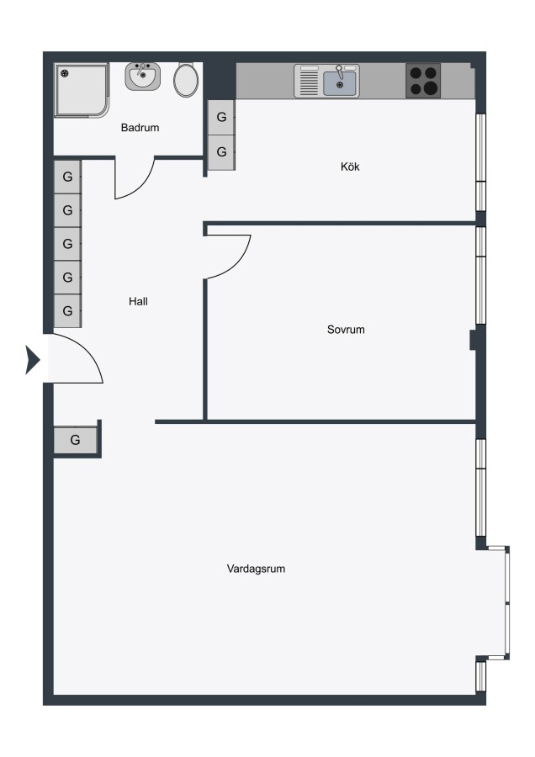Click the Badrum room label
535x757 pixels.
click(x=140, y=128)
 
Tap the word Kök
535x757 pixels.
click(x=350, y=167)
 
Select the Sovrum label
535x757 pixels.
click(x=346, y=329)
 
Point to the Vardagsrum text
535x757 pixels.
click(x=256, y=569)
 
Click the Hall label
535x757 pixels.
click(x=138, y=301)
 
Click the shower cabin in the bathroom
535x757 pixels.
click(x=81, y=90)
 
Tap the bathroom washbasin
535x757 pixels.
click(x=143, y=77)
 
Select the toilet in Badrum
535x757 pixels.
click(x=186, y=80)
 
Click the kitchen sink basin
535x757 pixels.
click(x=340, y=83)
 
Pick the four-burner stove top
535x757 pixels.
click(x=423, y=81)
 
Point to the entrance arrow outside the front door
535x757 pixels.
click(x=32, y=360)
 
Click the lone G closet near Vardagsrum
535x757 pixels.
click(x=75, y=440)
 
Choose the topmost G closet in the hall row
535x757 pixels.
click(x=67, y=177)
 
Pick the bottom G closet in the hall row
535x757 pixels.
click(x=67, y=311)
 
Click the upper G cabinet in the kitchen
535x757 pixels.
click(x=221, y=117)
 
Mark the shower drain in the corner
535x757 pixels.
click(x=65, y=73)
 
